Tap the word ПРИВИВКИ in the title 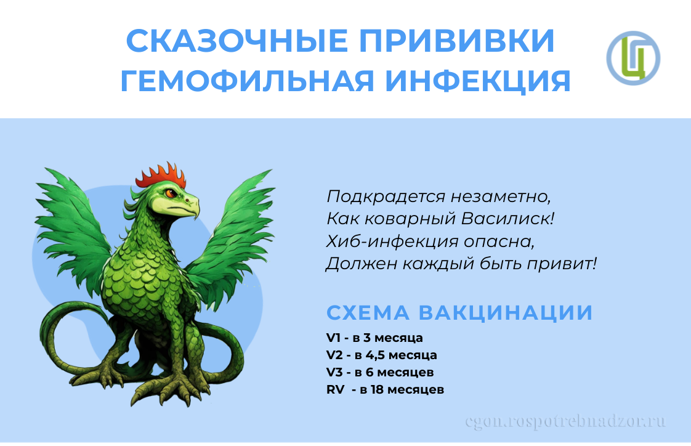click(x=457, y=41)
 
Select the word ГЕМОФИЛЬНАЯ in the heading click(x=248, y=81)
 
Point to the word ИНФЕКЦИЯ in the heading click(x=478, y=81)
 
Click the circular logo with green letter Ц click(x=633, y=58)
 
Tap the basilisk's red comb click(x=161, y=176)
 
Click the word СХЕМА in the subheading click(x=368, y=312)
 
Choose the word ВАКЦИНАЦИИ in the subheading click(x=506, y=313)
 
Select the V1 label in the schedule click(x=334, y=338)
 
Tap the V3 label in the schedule click(x=334, y=373)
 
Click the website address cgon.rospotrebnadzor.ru click(x=565, y=421)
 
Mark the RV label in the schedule click(x=336, y=389)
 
